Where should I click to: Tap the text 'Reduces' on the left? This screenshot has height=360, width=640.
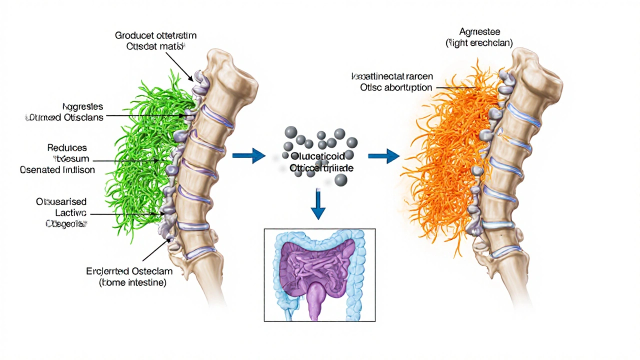[x=67, y=148]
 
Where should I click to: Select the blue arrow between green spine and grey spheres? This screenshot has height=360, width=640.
[x=248, y=156]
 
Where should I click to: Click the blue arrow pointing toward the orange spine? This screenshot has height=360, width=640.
[x=383, y=156]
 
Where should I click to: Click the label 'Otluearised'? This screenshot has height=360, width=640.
[x=61, y=202]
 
